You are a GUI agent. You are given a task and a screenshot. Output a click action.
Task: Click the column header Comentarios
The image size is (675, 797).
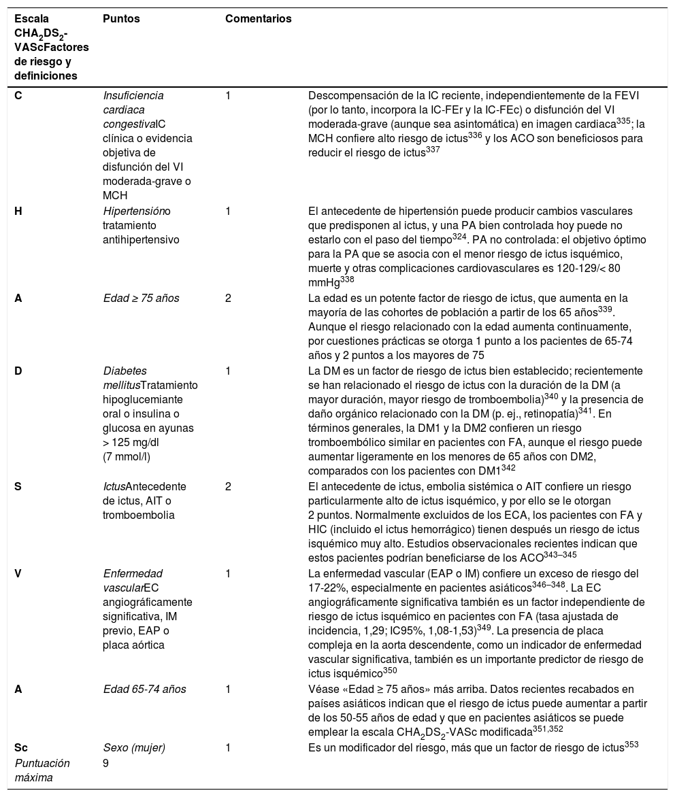coord(258,19)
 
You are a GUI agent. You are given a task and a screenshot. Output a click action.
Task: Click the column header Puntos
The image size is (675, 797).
coord(121,19)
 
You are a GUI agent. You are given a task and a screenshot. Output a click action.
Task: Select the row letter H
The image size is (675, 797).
coord(19,211)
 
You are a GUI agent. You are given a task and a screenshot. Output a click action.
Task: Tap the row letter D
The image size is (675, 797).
coord(19,371)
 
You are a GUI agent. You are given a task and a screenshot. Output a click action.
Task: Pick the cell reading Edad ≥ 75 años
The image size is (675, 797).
coord(141,299)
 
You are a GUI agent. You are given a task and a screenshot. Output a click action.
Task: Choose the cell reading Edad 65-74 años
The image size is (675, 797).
coord(144,690)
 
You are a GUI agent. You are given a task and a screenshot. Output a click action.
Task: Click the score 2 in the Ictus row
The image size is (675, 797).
coord(228,487)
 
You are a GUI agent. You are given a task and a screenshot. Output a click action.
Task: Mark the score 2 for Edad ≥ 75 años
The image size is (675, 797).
coord(228,299)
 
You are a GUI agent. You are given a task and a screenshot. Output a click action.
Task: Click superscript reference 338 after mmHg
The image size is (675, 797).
coord(346,279)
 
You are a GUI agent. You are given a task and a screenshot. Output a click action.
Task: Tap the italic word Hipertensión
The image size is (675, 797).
coord(133,211)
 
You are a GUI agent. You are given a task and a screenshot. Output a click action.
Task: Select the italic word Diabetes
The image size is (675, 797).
coord(125,371)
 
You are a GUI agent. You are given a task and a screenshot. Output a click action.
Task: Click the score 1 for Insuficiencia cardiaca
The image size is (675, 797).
coord(228,96)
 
